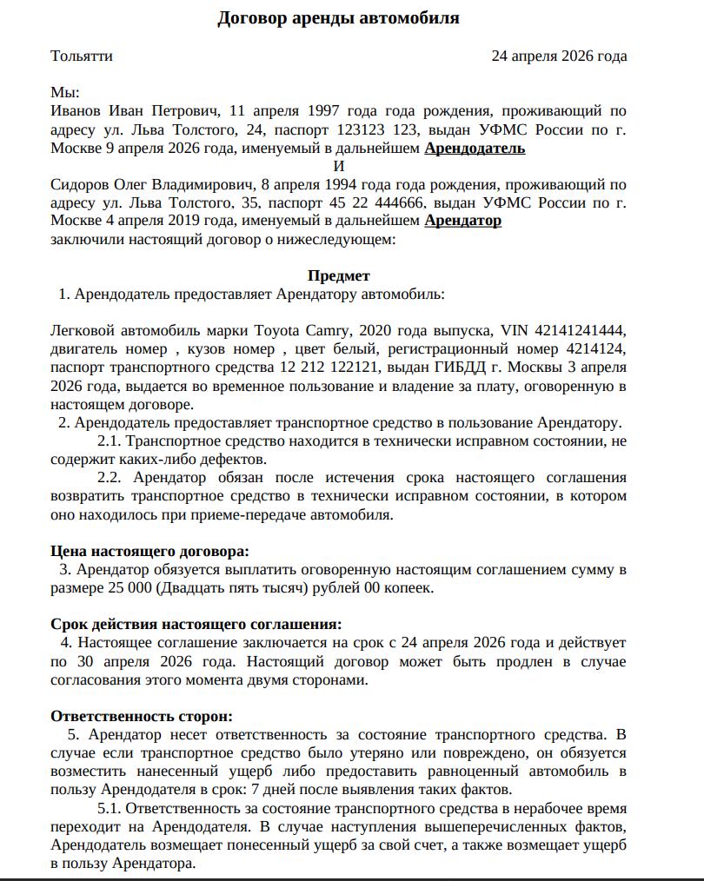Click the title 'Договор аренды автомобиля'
pos(338,18)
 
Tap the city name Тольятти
pos(82,56)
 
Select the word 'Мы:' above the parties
pos(65,93)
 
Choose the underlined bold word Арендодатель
pos(475,148)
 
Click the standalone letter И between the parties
pos(339,166)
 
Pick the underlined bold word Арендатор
pos(462,221)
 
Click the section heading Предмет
pos(338,276)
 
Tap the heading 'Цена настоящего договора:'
pos(149,551)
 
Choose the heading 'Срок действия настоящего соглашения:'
pos(196,625)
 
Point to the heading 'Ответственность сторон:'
pos(142,716)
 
